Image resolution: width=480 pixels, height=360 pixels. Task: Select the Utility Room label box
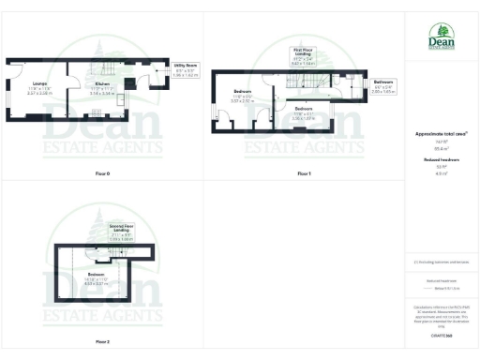coord(185,68)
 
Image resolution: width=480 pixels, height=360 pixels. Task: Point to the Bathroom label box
coord(382,86)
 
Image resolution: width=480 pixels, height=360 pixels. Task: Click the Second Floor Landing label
coord(119,233)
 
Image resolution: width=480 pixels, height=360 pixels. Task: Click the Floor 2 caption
coord(102,341)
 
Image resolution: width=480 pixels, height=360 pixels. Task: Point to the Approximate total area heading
coord(441,134)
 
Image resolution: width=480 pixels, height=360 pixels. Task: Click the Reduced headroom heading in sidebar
coord(441,160)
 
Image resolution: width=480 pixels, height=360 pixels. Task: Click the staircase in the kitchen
coord(105,67)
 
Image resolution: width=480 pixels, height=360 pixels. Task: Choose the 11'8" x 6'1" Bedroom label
coord(303,113)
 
